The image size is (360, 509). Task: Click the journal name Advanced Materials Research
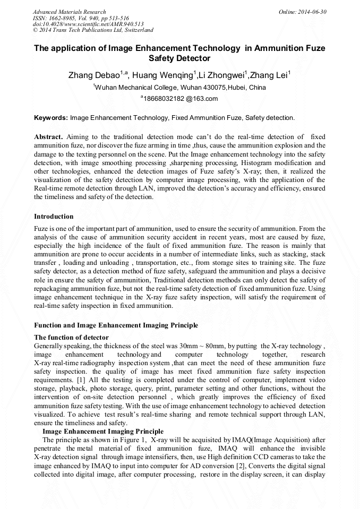[x=69, y=12]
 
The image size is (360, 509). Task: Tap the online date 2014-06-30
[x=312, y=12]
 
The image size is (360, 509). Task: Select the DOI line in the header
[x=88, y=24]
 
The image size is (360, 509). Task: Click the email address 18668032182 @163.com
[x=181, y=99]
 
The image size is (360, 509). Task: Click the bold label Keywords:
[x=50, y=117]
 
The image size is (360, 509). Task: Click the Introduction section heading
[x=54, y=217]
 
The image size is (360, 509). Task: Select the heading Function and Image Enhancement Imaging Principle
[x=116, y=325]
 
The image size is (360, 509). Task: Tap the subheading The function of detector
[x=71, y=338]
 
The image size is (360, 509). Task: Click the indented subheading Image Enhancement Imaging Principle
[x=102, y=432]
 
